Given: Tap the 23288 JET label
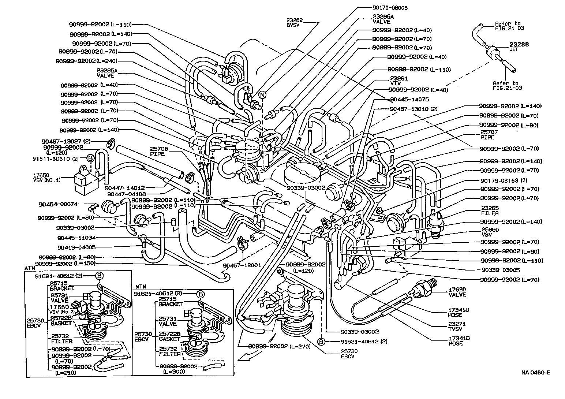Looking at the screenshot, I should click(519, 46).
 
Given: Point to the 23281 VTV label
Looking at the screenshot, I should click(399, 81).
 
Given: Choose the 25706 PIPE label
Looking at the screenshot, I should click(157, 151).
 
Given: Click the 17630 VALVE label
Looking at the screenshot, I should click(457, 292).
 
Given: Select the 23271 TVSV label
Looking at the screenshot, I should click(457, 327).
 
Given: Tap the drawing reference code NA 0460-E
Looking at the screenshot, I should click(535, 373).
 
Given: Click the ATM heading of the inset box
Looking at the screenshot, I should click(30, 268).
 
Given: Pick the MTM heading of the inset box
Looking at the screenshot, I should click(141, 287).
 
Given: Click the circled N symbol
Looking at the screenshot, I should click(262, 94).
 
